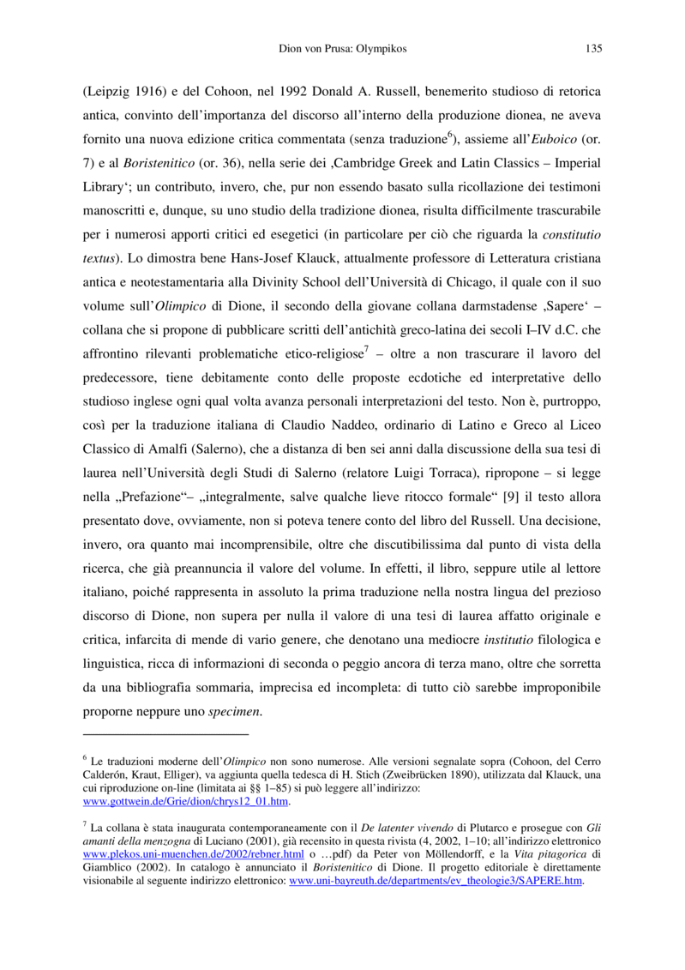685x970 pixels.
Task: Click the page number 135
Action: pos(593,49)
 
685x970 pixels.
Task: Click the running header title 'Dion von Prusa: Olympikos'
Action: pos(343,49)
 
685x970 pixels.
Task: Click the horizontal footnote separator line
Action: pos(165,734)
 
